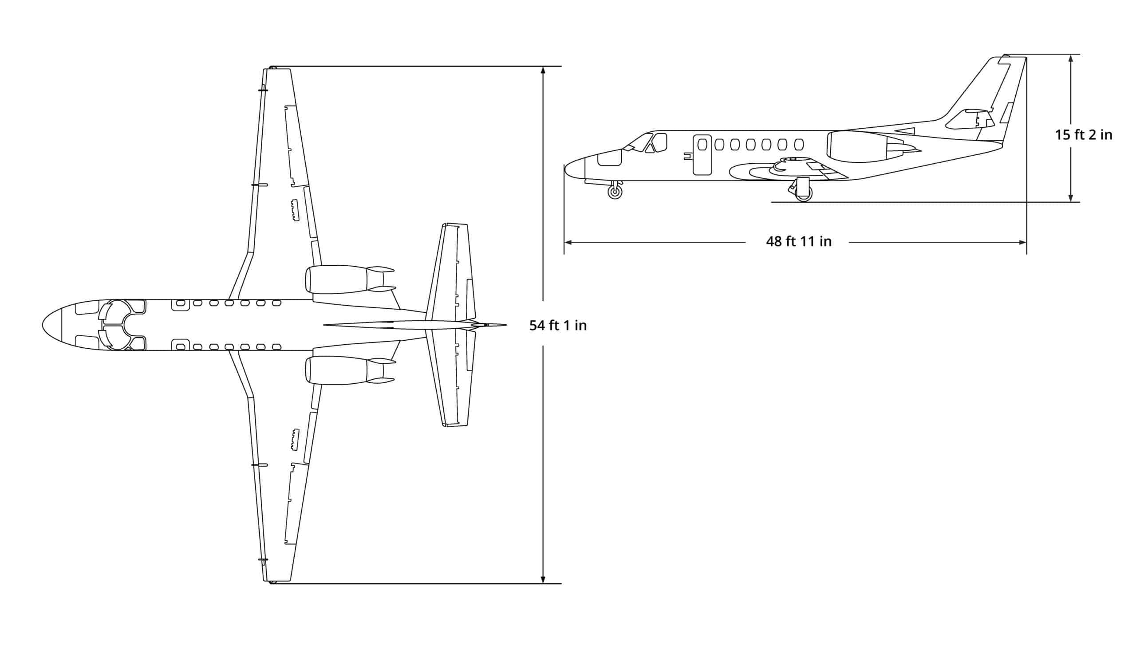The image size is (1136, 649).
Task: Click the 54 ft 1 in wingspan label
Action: point(558,326)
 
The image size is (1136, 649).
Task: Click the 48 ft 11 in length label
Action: point(798,242)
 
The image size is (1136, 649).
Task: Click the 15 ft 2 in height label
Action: point(1083,134)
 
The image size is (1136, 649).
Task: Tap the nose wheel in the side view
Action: point(615,192)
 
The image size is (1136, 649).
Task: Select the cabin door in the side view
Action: point(702,154)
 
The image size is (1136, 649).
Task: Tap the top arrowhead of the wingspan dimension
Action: point(543,71)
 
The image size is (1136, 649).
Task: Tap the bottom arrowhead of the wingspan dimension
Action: point(543,579)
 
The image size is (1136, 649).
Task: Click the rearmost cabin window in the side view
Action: point(799,145)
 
